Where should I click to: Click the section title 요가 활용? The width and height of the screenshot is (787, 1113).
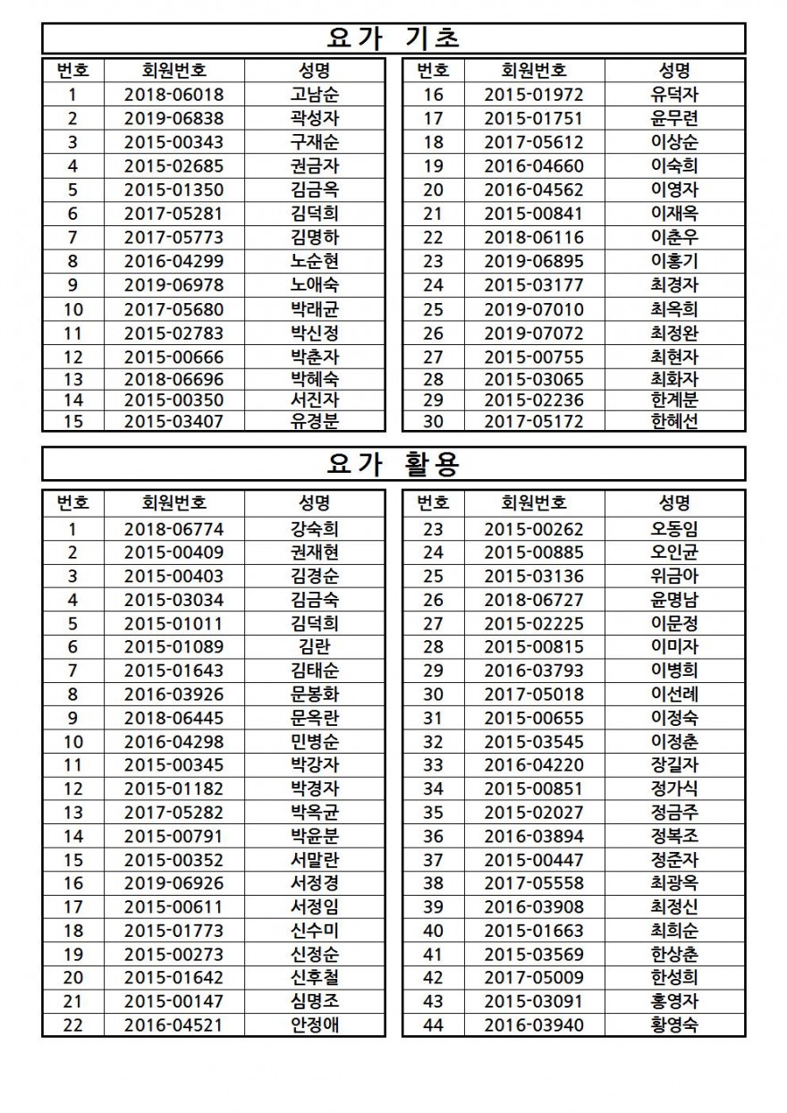pyautogui.click(x=393, y=463)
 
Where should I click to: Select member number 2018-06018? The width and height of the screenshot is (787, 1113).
pyautogui.click(x=173, y=95)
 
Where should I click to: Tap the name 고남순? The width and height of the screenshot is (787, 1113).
pyautogui.click(x=314, y=95)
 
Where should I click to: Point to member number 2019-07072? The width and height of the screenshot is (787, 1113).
pyautogui.click(x=533, y=333)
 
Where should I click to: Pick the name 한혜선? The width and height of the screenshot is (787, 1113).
pyautogui.click(x=674, y=421)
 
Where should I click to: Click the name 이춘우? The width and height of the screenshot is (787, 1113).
pyautogui.click(x=674, y=237)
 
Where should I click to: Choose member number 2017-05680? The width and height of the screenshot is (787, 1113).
pyautogui.click(x=173, y=309)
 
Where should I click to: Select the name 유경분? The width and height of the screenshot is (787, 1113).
pyautogui.click(x=314, y=421)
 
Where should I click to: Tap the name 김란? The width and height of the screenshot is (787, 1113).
pyautogui.click(x=314, y=646)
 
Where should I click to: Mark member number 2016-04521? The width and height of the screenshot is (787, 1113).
pyautogui.click(x=173, y=1024)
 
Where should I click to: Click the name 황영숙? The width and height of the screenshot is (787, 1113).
pyautogui.click(x=674, y=1024)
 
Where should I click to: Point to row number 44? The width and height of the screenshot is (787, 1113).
pyautogui.click(x=433, y=1024)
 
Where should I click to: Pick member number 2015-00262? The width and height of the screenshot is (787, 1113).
pyautogui.click(x=533, y=528)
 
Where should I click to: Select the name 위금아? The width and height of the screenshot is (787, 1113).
pyautogui.click(x=674, y=576)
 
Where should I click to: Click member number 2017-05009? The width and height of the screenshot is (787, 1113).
pyautogui.click(x=533, y=977)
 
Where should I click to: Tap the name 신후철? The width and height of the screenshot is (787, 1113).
pyautogui.click(x=314, y=977)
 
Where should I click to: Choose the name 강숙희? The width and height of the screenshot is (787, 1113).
pyautogui.click(x=314, y=528)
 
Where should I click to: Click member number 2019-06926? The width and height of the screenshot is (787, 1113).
pyautogui.click(x=173, y=882)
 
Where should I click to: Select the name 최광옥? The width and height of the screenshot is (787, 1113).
pyautogui.click(x=674, y=882)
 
